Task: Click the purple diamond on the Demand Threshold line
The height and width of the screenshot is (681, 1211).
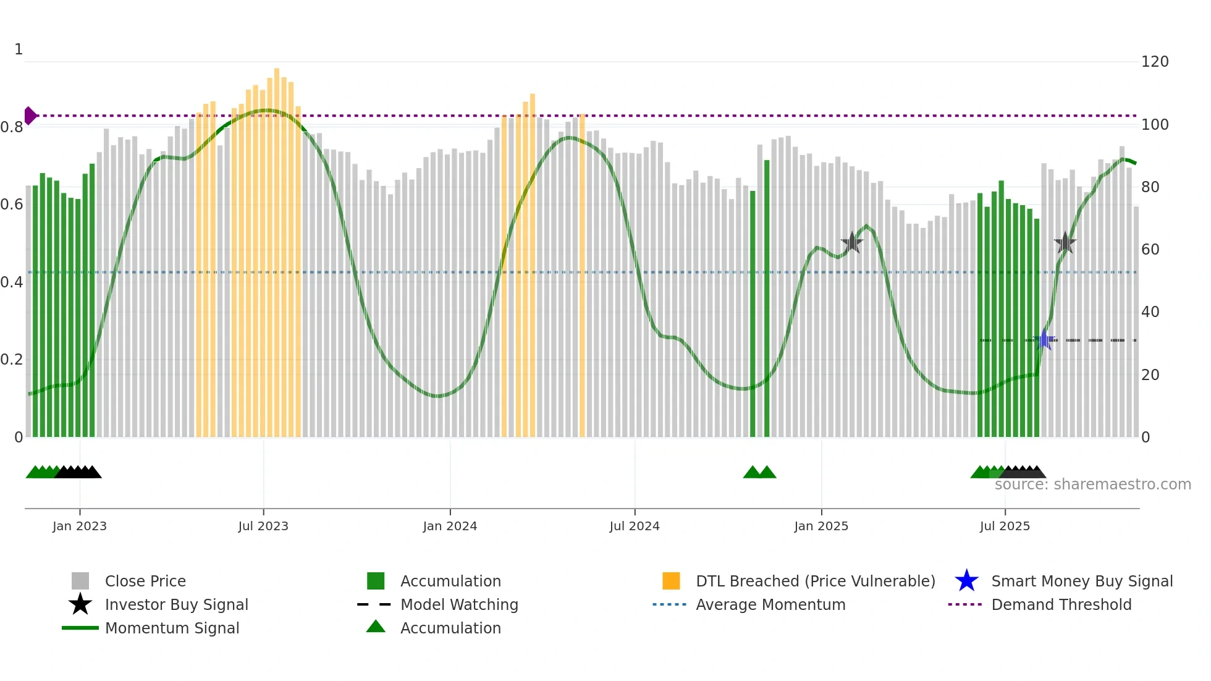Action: point(30,116)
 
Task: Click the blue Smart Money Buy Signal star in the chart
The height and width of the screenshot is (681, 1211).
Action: point(1045,340)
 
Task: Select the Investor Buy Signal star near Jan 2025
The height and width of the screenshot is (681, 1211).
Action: point(852,243)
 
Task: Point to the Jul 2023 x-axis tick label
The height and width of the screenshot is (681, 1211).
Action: point(263,526)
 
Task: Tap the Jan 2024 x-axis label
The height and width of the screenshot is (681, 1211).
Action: point(450,526)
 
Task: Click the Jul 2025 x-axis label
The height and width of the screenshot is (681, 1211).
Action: point(1005,526)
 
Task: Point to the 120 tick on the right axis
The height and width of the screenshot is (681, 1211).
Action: point(1155,62)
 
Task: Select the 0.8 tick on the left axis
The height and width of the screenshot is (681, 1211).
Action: point(12,127)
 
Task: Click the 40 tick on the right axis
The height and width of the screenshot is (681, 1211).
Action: point(1150,312)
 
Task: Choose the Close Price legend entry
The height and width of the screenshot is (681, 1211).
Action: point(145,581)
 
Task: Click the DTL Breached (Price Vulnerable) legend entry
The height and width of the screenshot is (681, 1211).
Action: point(815,581)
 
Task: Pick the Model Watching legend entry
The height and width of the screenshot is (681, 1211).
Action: point(459,604)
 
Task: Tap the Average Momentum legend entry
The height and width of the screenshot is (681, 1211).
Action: point(770,604)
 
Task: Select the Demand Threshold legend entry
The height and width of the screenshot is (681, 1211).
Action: point(1061,604)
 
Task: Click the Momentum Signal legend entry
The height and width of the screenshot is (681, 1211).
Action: point(172,628)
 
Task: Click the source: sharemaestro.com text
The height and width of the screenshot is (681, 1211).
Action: point(1092,484)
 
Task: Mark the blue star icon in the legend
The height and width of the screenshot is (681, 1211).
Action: point(966,581)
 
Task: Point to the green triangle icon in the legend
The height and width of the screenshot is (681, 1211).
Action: point(376,627)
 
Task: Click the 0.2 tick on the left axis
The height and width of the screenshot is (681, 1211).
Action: point(12,360)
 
